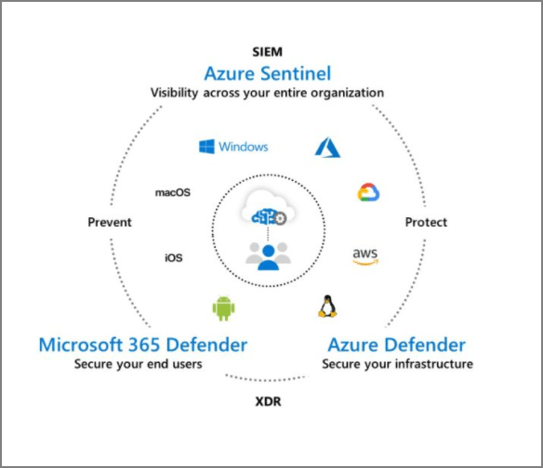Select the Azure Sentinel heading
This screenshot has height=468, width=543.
click(268, 71)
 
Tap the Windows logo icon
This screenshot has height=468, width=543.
click(206, 147)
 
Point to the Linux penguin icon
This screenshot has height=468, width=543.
click(327, 305)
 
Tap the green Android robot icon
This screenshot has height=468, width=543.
click(223, 306)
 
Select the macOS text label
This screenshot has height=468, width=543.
click(172, 193)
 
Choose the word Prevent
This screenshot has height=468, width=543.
click(110, 223)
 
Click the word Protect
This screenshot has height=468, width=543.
click(426, 223)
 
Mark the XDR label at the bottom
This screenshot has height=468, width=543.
click(268, 403)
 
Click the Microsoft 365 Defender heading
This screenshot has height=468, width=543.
click(143, 345)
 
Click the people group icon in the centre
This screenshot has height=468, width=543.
click(268, 253)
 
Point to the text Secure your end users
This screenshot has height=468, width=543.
click(139, 364)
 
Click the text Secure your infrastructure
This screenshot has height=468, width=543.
click(397, 364)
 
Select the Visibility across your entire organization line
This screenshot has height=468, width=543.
click(268, 93)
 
